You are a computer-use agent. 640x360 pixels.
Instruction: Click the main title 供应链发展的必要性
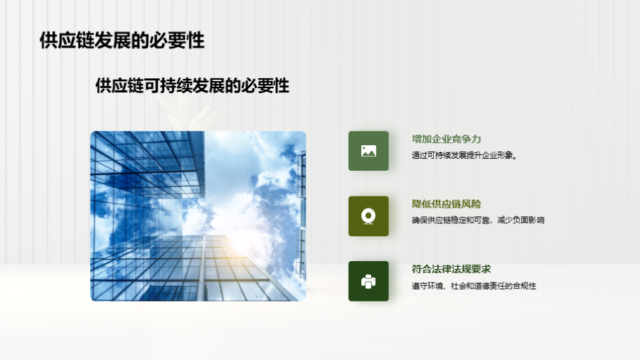[122, 41]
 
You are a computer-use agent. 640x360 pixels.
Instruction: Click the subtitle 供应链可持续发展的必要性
[192, 85]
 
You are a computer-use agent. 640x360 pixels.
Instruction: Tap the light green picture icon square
[368, 151]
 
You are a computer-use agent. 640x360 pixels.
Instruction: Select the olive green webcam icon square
[368, 216]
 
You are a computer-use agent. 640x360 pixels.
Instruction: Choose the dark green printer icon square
[368, 281]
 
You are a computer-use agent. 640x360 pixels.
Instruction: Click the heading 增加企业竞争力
[446, 139]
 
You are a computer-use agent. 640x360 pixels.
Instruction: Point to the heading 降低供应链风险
[446, 203]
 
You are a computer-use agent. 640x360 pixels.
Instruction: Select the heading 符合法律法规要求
[451, 269]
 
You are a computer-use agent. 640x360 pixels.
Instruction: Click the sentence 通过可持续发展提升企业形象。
[464, 155]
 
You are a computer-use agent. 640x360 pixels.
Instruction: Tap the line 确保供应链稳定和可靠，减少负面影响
[478, 220]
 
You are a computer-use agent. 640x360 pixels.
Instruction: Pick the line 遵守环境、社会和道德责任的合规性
[474, 286]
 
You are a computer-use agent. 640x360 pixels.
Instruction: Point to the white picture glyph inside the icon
[368, 151]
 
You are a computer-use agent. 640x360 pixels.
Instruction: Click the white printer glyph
[368, 282]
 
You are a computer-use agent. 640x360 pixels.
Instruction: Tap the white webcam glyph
[368, 216]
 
